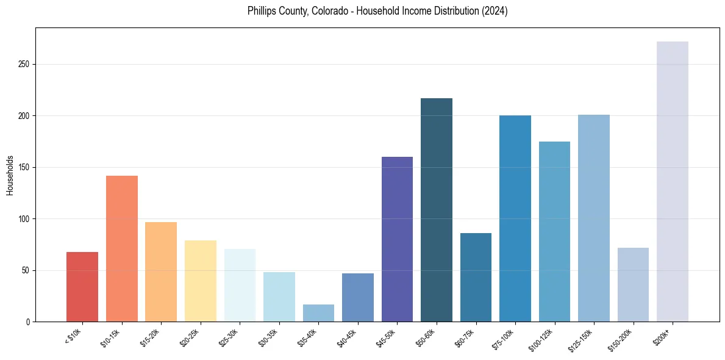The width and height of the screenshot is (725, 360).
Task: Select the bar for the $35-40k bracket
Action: coord(318,312)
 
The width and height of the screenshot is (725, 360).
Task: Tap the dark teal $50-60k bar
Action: coord(437,210)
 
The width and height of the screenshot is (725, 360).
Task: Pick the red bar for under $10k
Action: coord(82,287)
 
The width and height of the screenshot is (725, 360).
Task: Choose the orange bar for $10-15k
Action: coord(122,248)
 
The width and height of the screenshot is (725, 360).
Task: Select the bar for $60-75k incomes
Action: coord(476,277)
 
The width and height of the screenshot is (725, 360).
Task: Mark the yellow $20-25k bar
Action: coord(201,281)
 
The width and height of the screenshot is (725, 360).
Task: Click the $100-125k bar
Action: coord(554,231)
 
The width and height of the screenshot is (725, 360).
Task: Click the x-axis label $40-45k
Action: coord(347,336)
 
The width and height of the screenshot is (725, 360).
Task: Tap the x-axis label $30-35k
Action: coord(268,336)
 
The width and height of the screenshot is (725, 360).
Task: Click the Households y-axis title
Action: coord(10,175)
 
